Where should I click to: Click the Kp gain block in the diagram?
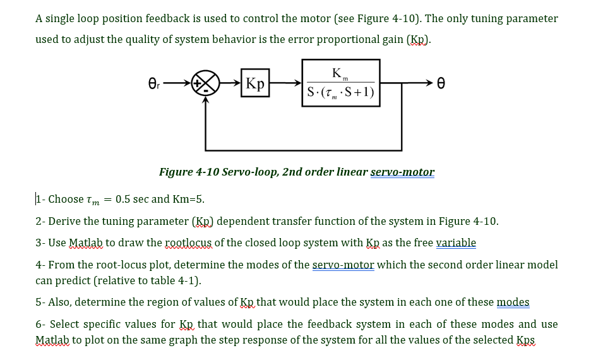coord(256,83)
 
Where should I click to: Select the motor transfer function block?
coord(340,82)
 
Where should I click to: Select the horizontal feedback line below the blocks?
coord(303,150)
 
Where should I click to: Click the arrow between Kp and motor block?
coord(286,83)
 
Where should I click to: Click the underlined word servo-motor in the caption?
coord(402,172)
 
